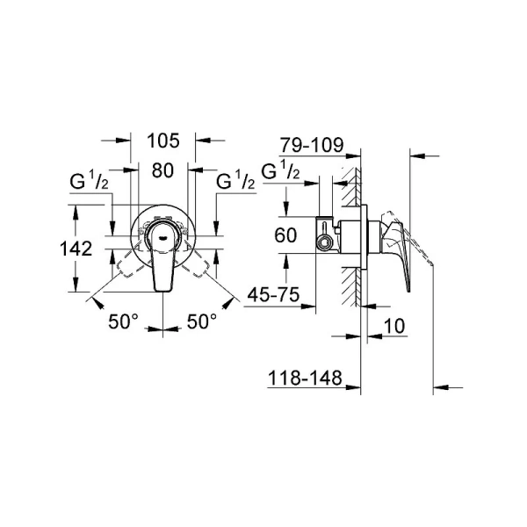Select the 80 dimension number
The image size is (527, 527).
163,170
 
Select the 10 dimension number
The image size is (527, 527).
393,326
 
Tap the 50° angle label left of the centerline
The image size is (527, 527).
124,322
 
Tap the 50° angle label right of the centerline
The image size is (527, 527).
201,322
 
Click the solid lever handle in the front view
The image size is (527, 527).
162,263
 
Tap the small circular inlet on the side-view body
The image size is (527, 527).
325,239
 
